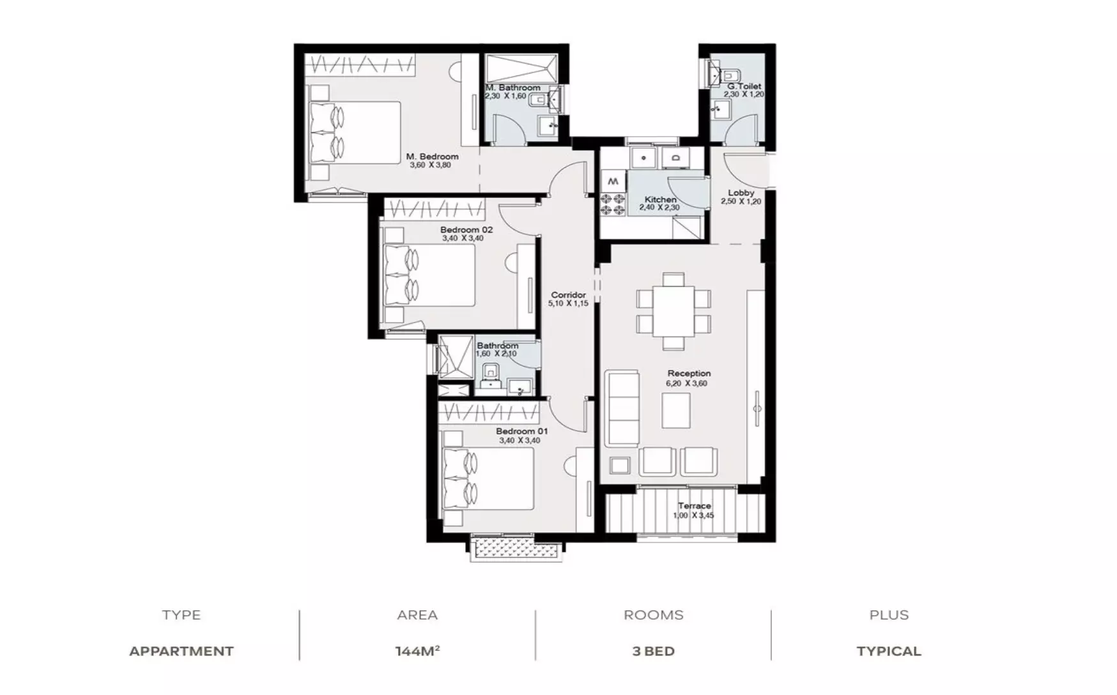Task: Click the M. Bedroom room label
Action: click(433, 157)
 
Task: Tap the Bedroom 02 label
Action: click(466, 230)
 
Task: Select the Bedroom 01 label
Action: click(521, 431)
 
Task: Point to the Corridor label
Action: click(568, 295)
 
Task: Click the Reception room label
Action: click(689, 373)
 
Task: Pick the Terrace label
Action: click(695, 506)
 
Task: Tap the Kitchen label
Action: click(660, 199)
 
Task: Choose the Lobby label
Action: click(741, 193)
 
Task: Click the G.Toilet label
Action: click(744, 86)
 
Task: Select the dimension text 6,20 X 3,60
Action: click(687, 383)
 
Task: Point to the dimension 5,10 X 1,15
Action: click(568, 304)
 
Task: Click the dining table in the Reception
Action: click(674, 311)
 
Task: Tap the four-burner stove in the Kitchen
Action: click(612, 203)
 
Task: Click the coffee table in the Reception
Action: click(676, 410)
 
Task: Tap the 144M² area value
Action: click(417, 651)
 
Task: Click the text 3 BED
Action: click(653, 652)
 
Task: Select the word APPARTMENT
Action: click(181, 652)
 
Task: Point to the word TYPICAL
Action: click(889, 652)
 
